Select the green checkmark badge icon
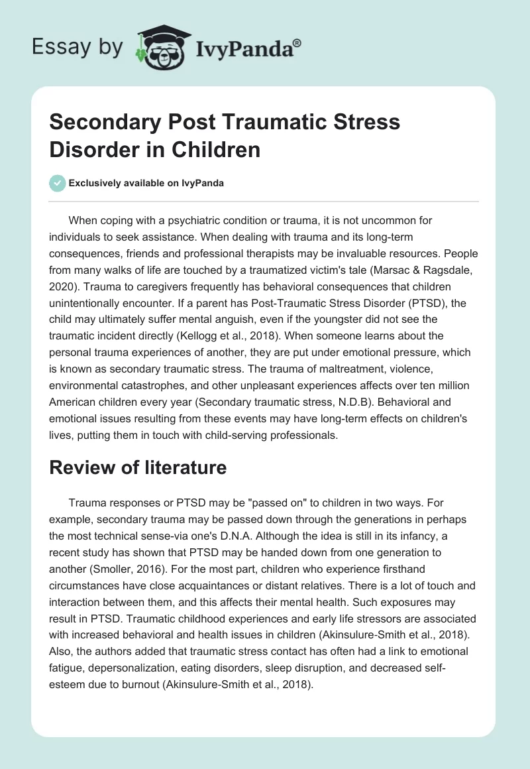click(x=58, y=183)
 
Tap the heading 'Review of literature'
click(x=138, y=467)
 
